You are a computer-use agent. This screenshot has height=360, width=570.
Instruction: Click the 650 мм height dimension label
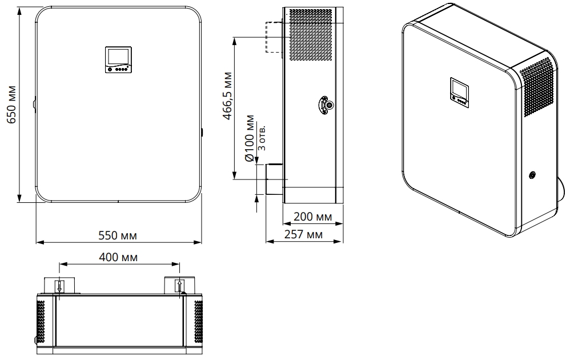tap(11, 105)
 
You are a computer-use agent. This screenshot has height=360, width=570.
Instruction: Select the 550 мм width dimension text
tap(118, 235)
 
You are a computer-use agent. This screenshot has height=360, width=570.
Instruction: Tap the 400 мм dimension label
tap(118, 258)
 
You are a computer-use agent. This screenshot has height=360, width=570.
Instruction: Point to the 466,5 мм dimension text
tap(227, 95)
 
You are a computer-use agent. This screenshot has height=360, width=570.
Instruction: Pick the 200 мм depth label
tap(312, 217)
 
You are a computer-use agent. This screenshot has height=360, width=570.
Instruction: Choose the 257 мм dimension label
tap(303, 234)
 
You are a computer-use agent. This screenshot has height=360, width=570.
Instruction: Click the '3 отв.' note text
tap(262, 138)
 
